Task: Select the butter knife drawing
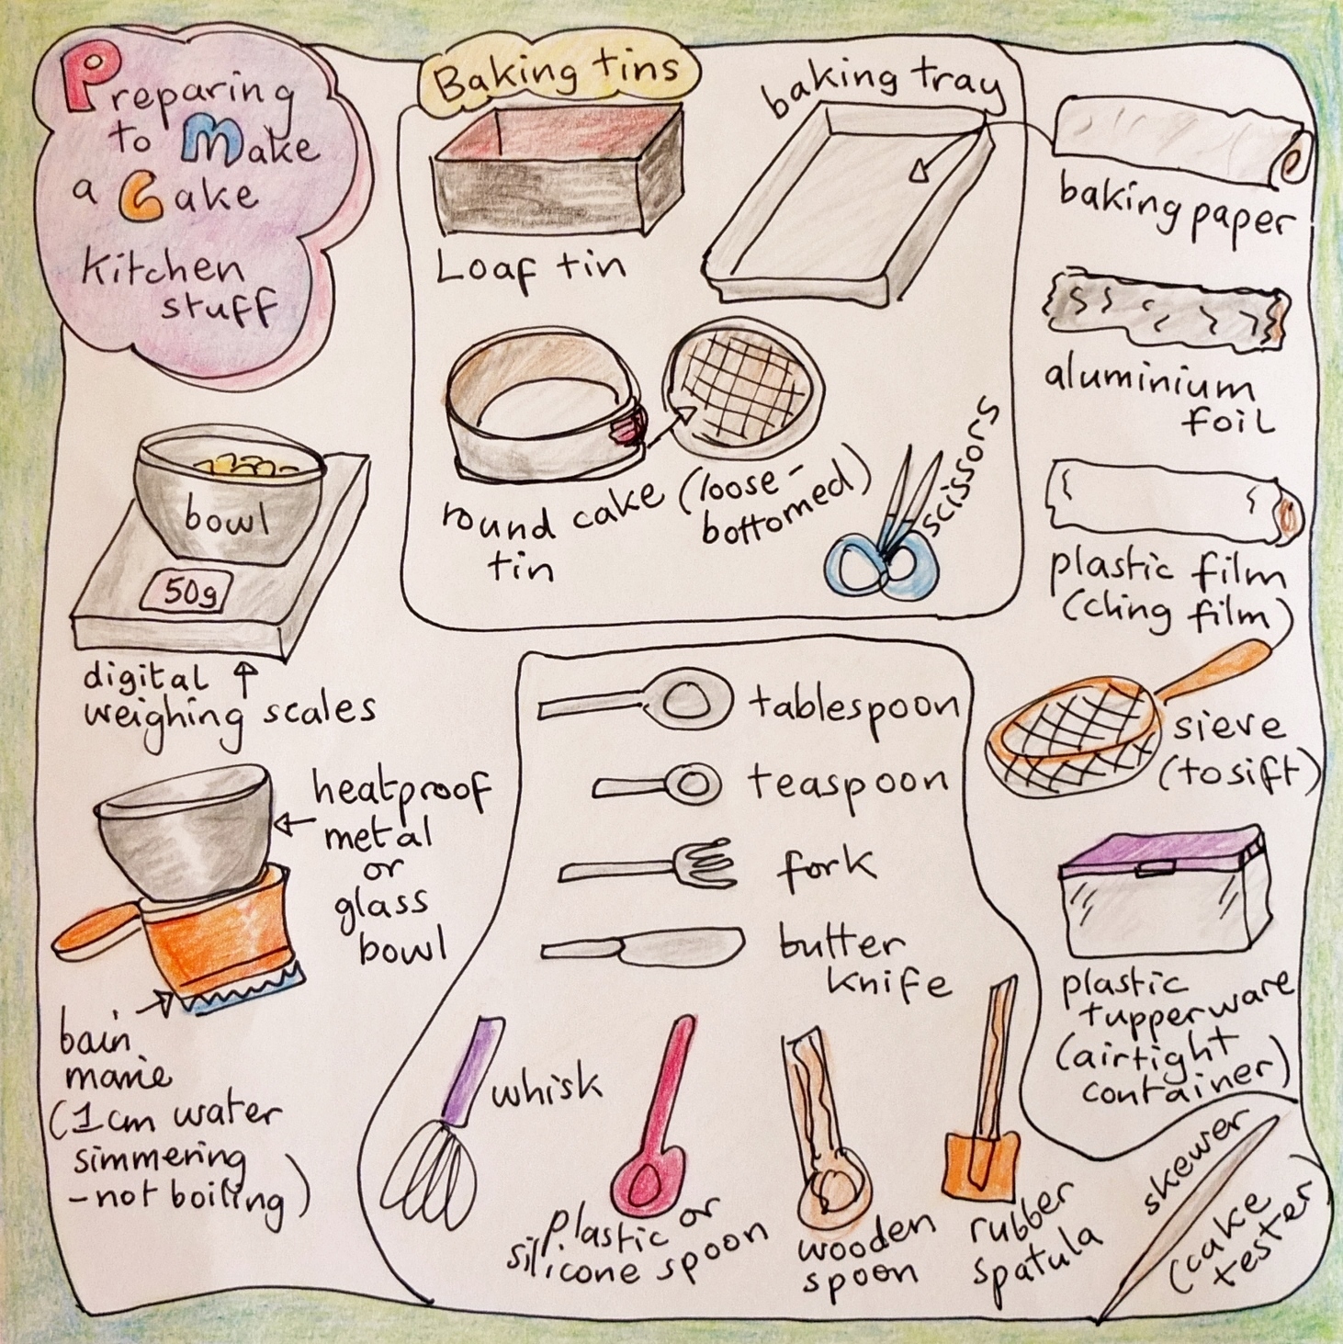[x=643, y=947]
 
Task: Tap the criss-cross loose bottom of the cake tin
[x=739, y=388]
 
